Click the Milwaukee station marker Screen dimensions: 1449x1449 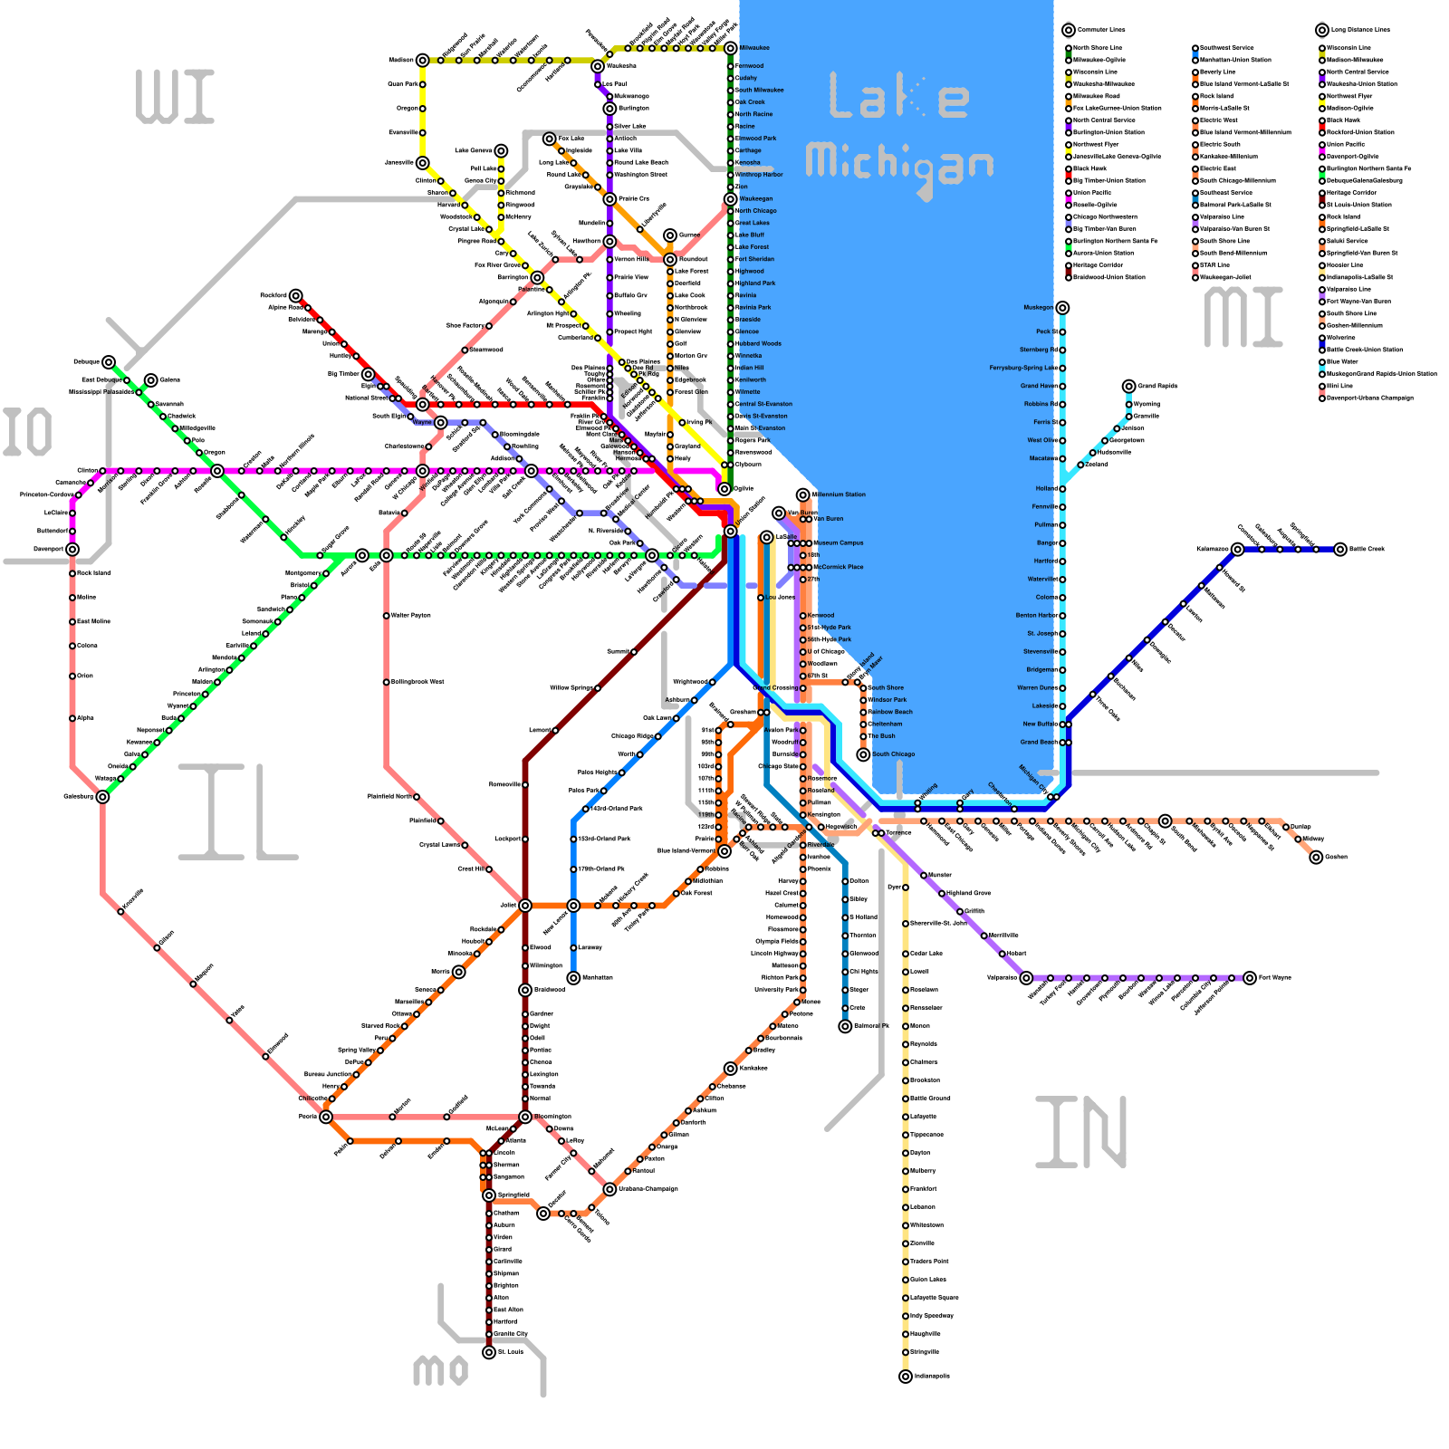(x=730, y=48)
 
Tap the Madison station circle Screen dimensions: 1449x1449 (x=422, y=61)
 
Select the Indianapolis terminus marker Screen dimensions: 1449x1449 (x=905, y=1377)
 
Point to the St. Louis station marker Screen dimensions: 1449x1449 (x=489, y=1352)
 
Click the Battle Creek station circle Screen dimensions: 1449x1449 (x=1340, y=549)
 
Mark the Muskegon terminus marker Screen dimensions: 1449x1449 (x=1062, y=308)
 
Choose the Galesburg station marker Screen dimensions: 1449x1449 (x=102, y=797)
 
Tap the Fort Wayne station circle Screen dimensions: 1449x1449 (x=1250, y=978)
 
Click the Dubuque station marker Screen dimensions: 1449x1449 (x=109, y=362)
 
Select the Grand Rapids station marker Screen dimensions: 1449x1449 (x=1128, y=387)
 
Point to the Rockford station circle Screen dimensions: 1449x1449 (x=295, y=296)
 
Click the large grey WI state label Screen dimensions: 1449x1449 (x=175, y=97)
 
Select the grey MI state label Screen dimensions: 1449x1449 (x=1243, y=317)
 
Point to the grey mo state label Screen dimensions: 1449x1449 (x=440, y=1370)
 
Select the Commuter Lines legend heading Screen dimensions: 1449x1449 (x=1101, y=30)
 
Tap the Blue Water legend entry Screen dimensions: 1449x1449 (x=1342, y=361)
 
